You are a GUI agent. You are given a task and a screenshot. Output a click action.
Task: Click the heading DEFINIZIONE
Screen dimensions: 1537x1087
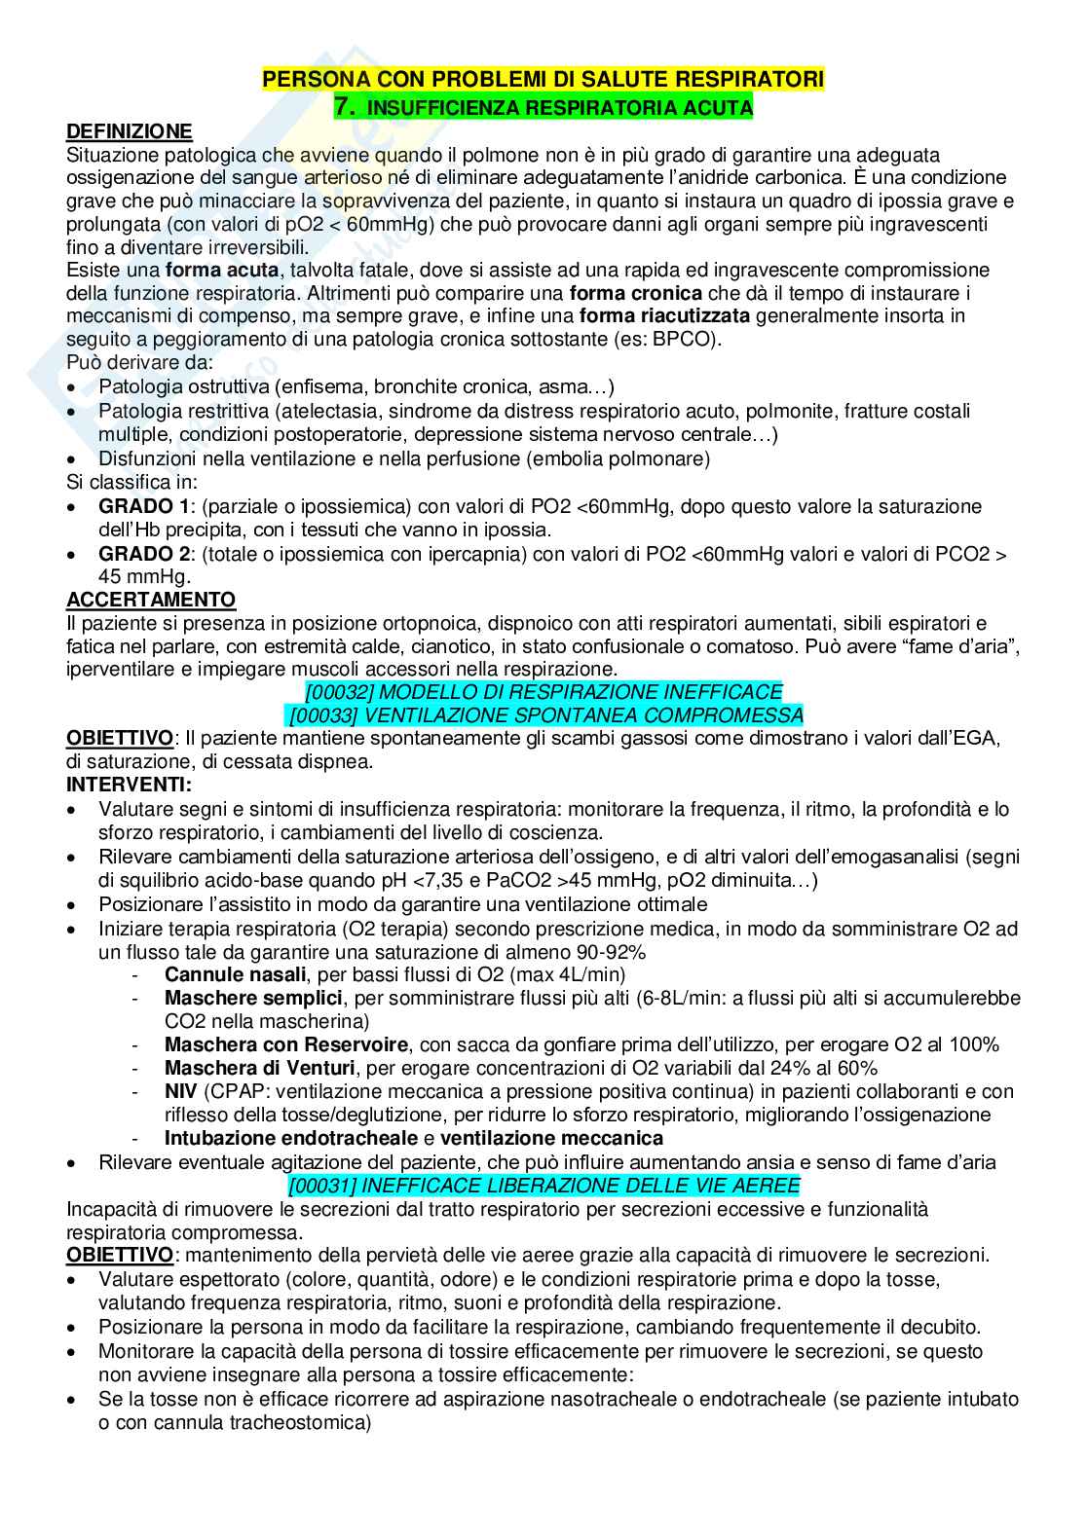[x=129, y=131]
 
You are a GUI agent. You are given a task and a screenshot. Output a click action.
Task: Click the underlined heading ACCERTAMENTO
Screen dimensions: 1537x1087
[x=150, y=600]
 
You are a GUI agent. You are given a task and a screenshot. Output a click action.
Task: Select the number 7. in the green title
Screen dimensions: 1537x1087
[x=344, y=107]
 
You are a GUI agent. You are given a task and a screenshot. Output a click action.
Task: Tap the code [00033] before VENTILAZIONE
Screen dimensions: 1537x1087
[x=324, y=715]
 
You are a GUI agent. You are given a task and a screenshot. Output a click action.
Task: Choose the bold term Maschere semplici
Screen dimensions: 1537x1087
[x=253, y=998]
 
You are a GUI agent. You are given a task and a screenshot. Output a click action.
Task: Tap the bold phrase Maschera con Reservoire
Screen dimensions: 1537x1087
[x=286, y=1044]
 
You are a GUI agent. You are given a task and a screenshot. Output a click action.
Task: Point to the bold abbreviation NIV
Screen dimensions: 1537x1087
[x=181, y=1091]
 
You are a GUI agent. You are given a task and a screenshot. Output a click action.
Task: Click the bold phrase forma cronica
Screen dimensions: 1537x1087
[x=635, y=293]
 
